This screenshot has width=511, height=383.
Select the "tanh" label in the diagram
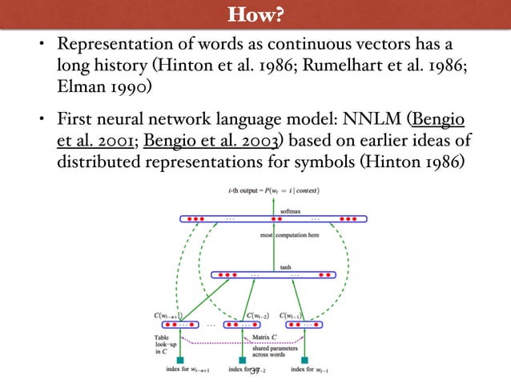pyautogui.click(x=284, y=267)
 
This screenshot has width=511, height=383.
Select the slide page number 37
pyautogui.click(x=255, y=370)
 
